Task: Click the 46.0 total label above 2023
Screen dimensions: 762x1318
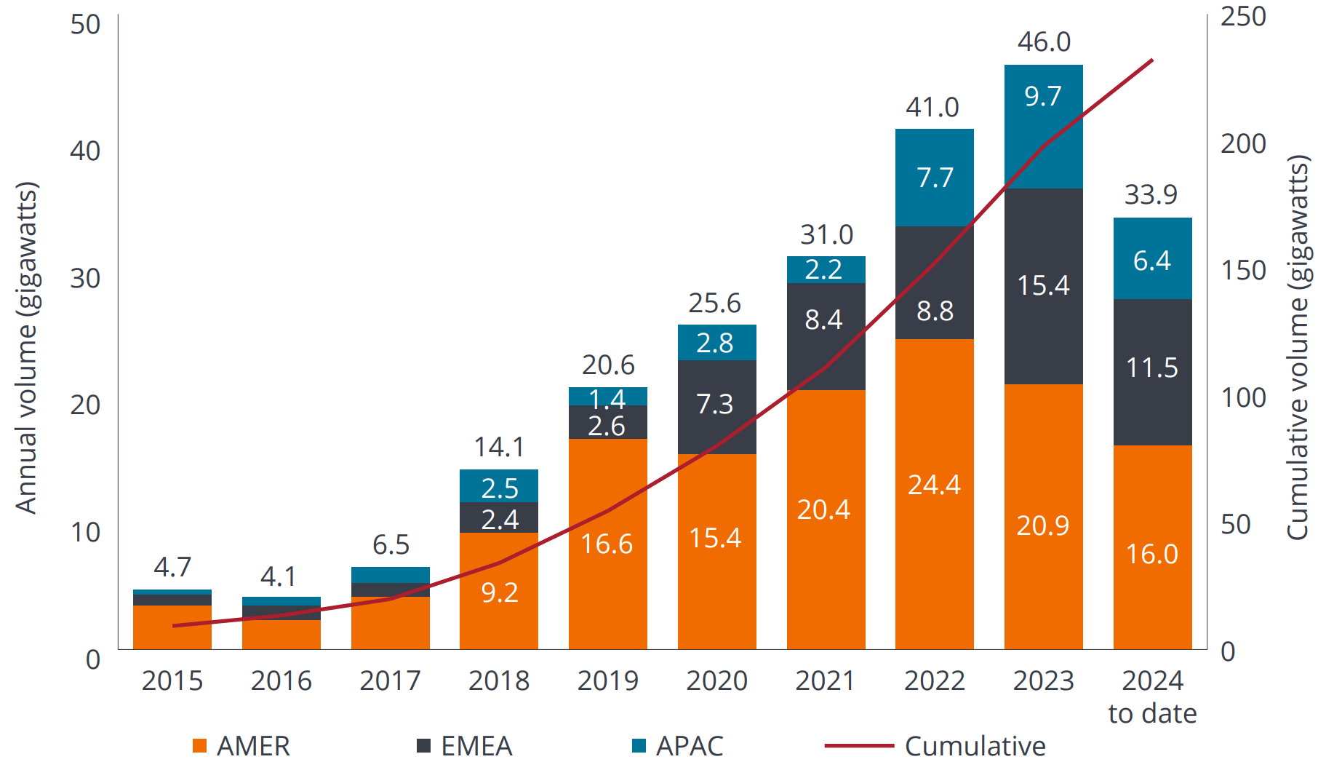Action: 1044,42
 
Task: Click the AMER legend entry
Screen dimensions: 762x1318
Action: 241,746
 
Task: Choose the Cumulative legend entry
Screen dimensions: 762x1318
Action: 936,746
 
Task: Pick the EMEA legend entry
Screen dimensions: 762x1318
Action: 465,746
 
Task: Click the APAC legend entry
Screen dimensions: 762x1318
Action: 678,746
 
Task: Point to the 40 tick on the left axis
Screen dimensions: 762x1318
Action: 85,151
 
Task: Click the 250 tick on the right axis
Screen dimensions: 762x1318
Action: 1243,17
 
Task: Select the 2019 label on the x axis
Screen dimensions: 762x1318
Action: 607,681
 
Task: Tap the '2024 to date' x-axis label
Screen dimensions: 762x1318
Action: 1152,696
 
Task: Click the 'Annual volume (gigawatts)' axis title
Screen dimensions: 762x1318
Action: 26,347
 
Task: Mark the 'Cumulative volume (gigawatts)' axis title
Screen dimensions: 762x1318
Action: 1298,347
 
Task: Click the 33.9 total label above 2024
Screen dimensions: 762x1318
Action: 1151,195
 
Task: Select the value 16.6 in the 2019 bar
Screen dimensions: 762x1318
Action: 607,544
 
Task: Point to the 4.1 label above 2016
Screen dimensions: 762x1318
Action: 279,577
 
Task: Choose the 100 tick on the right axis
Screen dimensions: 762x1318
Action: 1243,398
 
